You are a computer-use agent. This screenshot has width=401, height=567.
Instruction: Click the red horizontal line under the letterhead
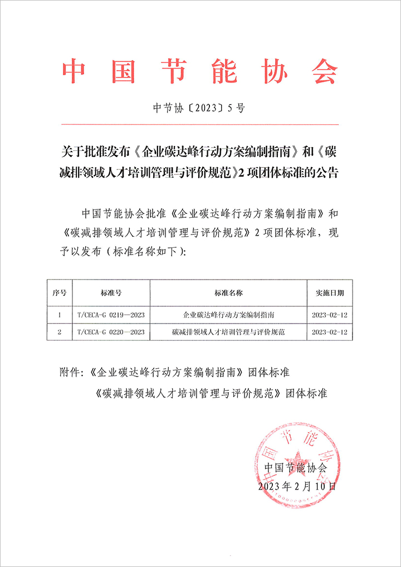(199, 124)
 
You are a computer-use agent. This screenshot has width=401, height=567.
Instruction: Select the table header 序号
(59, 292)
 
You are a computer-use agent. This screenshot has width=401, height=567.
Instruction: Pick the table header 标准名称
(228, 292)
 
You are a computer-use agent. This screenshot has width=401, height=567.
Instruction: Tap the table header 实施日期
(330, 292)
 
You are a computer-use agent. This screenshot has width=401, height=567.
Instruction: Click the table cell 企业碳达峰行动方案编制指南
(228, 315)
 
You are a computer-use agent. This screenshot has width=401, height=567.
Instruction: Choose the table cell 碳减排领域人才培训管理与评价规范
(228, 332)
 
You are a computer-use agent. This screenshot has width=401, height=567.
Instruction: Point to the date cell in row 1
(330, 315)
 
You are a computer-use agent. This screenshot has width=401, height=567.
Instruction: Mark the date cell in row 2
(330, 332)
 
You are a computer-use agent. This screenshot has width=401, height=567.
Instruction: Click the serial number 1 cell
(59, 315)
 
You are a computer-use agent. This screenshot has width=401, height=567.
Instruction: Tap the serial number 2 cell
(59, 332)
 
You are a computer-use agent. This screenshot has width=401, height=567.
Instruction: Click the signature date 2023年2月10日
(297, 486)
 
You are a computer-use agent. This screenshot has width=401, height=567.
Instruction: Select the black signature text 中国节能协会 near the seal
(295, 467)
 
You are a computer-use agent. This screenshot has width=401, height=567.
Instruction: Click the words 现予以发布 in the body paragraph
(72, 252)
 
